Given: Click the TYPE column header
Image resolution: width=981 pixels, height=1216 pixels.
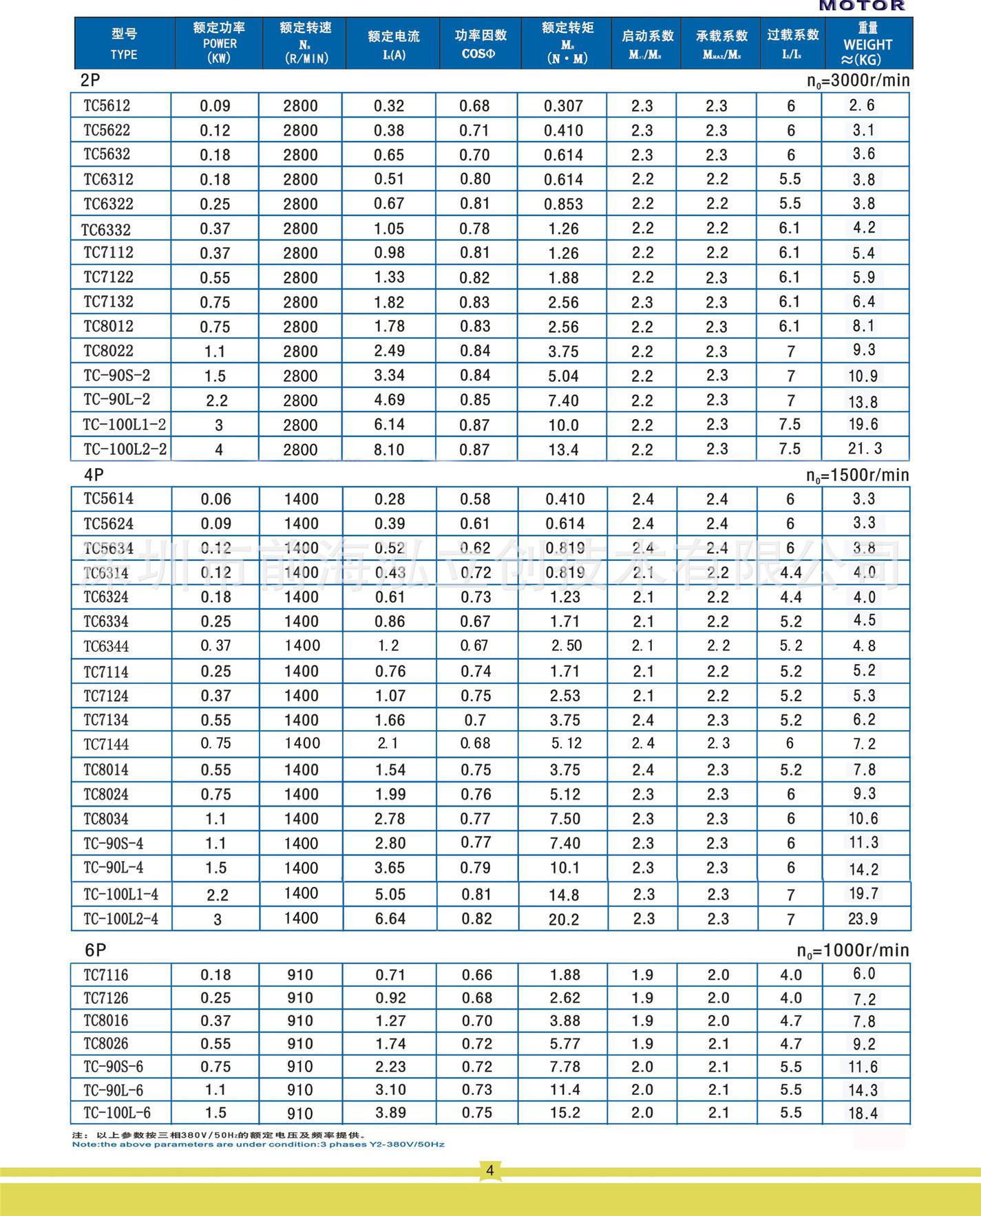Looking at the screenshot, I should click(x=124, y=44).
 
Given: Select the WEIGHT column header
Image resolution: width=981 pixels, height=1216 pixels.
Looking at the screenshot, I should click(x=867, y=44).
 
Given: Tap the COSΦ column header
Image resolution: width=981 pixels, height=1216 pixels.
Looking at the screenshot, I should click(x=479, y=44).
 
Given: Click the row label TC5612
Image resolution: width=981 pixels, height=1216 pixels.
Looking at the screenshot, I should click(x=107, y=105).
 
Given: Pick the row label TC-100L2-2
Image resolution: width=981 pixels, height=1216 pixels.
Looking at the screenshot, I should click(x=125, y=449).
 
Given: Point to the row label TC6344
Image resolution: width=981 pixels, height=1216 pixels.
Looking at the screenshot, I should click(x=107, y=646).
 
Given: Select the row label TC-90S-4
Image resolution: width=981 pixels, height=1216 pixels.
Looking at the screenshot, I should click(x=114, y=844).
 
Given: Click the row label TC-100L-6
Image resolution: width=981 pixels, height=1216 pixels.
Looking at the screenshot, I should click(x=117, y=1113).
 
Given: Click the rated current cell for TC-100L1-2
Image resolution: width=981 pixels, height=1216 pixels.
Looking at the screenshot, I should click(x=389, y=425).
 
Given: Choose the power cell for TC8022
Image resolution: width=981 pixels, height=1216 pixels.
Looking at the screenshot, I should click(x=215, y=352).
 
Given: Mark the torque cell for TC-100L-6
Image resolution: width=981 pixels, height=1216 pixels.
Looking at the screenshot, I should click(x=565, y=1113).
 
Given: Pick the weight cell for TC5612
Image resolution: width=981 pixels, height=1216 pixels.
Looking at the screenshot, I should click(x=862, y=105).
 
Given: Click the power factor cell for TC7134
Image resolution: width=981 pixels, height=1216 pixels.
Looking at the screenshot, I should click(x=475, y=721).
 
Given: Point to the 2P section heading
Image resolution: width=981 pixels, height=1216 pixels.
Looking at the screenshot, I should click(x=90, y=81).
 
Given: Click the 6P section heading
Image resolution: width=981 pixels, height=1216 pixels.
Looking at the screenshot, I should click(x=96, y=950).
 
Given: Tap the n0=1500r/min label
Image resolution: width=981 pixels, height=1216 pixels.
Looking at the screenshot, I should click(x=858, y=476).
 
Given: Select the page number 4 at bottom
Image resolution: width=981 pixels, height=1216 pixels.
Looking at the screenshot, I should click(x=490, y=1171).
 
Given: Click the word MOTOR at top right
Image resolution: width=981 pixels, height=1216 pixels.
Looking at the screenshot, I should click(x=862, y=6).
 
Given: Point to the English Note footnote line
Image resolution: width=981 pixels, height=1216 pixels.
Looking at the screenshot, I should click(x=258, y=1144).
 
